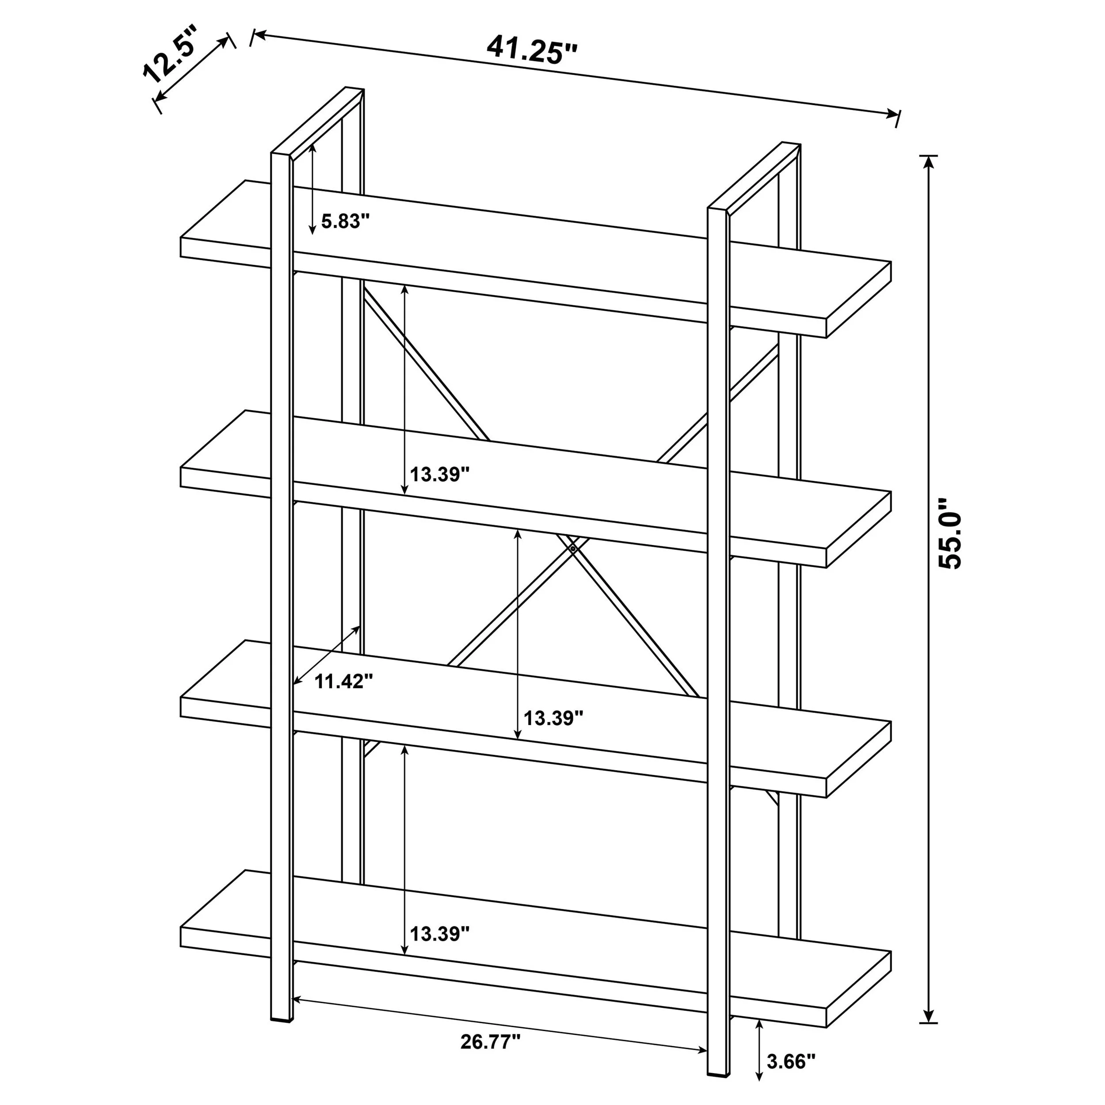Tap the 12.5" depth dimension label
[169, 55]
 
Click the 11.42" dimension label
[344, 681]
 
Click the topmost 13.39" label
[440, 474]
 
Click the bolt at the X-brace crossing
[573, 548]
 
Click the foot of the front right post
[719, 1071]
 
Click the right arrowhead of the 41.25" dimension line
[891, 114]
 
